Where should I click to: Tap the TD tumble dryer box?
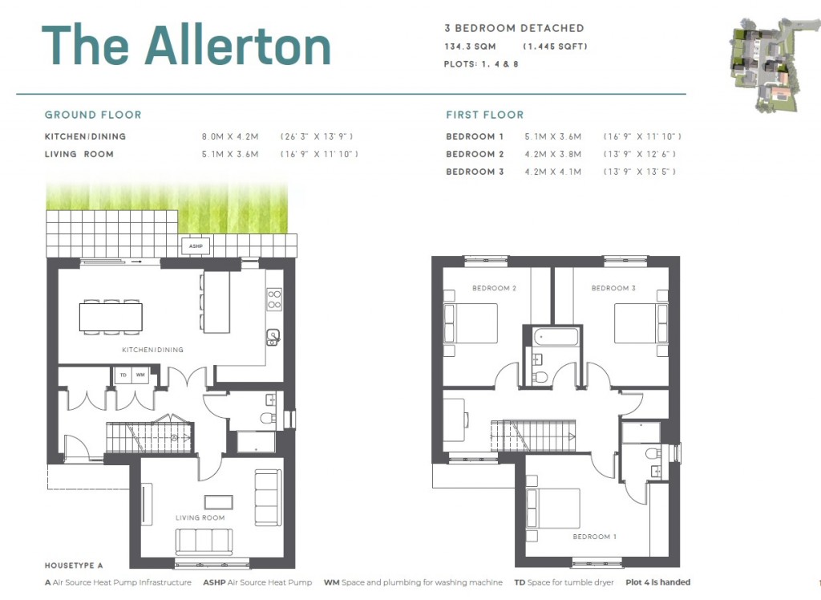[123, 375]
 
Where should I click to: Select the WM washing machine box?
[140, 375]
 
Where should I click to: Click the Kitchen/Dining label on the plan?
[152, 350]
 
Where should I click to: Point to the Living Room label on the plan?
[200, 517]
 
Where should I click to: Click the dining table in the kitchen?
[111, 317]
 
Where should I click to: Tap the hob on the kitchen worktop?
[274, 299]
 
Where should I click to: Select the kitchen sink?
[273, 336]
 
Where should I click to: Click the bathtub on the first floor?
[552, 336]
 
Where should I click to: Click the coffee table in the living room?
[219, 501]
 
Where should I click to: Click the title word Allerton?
[237, 47]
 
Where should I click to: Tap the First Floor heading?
[484, 115]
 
